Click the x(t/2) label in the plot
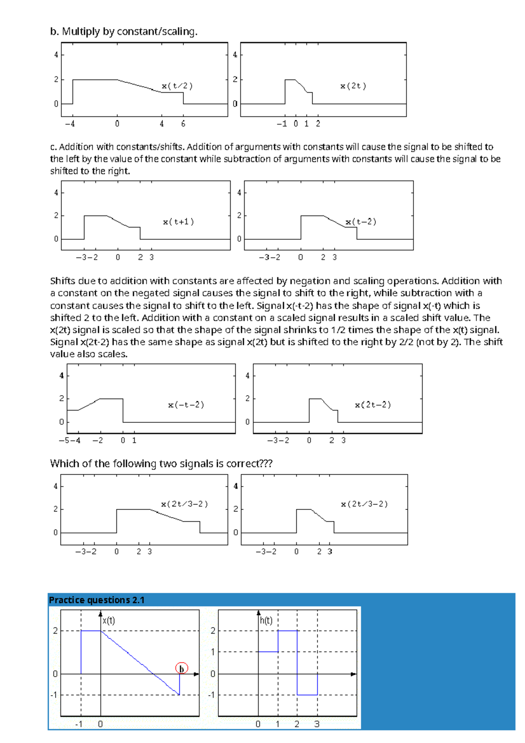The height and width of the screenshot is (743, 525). pos(177,86)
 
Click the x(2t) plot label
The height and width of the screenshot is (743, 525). pos(353,86)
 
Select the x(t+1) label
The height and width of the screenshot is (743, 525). pos(178,222)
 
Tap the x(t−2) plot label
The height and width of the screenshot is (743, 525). pos(361,222)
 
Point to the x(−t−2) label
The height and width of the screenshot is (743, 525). pos(186,405)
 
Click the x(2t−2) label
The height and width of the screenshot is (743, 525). pos(373,405)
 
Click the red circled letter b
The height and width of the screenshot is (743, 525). pos(182,669)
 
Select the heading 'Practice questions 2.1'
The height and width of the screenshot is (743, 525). pos(97,600)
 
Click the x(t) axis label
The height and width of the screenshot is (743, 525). pos(108,620)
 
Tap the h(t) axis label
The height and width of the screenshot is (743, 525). pos(266,620)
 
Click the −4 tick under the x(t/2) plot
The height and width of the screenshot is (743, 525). pos(70,124)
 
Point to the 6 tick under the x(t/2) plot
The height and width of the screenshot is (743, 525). pos(183,124)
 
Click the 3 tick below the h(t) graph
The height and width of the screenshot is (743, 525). pos(317,724)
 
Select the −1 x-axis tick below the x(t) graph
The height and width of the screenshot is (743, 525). pos(79,724)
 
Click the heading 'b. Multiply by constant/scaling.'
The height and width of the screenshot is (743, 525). pos(124,32)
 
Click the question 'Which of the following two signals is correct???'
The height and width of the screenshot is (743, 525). pos(161,463)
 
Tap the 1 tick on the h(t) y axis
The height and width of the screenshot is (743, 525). pos(213,652)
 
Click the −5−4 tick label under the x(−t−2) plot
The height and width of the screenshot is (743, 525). pos(70,441)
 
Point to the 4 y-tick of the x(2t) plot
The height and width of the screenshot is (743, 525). pos(235,55)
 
